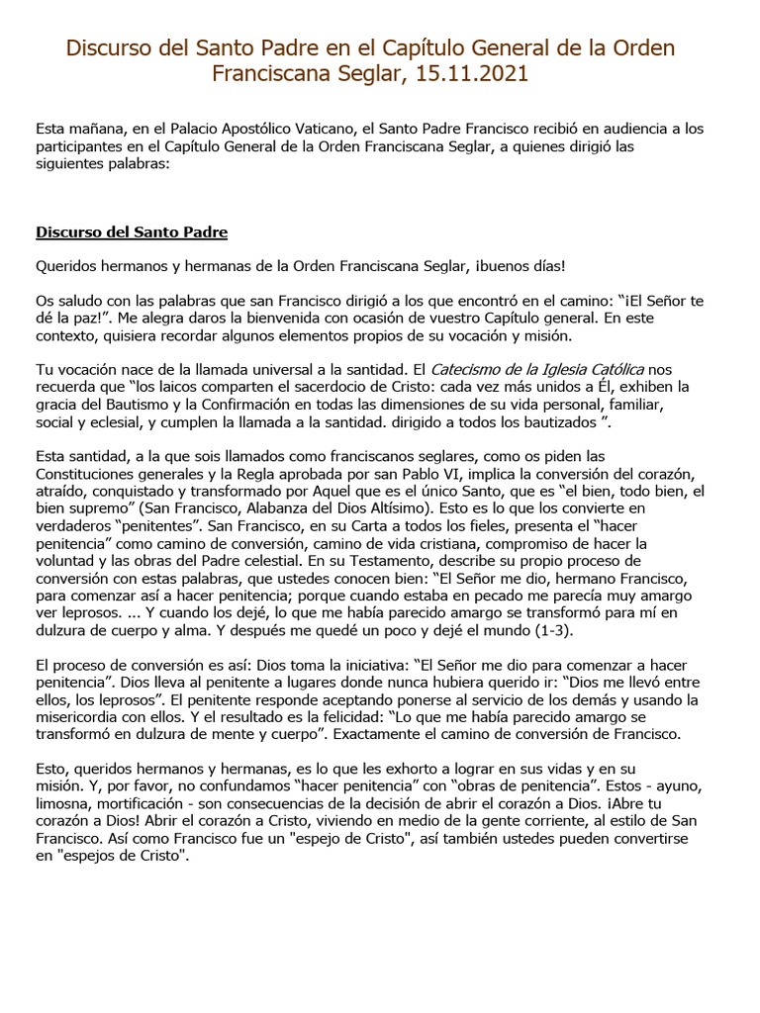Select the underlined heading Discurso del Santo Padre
(132, 232)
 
